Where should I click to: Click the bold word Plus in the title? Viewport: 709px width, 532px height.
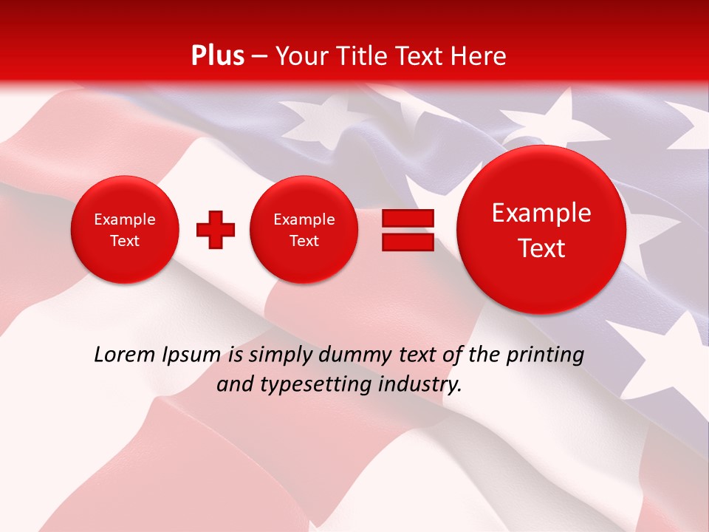tap(217, 56)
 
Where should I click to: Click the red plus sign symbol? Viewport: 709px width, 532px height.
tap(215, 229)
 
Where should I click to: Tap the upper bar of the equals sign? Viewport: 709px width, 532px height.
tap(408, 218)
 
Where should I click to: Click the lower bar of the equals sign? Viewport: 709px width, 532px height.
tap(408, 242)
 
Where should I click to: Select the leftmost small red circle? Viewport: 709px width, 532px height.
tap(125, 230)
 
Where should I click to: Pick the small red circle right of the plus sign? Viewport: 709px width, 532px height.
tap(304, 230)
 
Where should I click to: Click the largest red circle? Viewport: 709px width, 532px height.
tap(541, 230)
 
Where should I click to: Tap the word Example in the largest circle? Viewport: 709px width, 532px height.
tap(541, 213)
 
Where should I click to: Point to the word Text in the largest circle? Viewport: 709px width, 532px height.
tap(541, 248)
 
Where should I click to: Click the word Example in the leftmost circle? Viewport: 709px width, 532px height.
tap(125, 219)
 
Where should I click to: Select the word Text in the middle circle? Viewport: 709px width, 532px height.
tap(304, 241)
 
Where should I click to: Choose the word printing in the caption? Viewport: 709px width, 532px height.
tap(545, 355)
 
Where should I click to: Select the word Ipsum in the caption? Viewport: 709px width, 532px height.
tap(191, 355)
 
